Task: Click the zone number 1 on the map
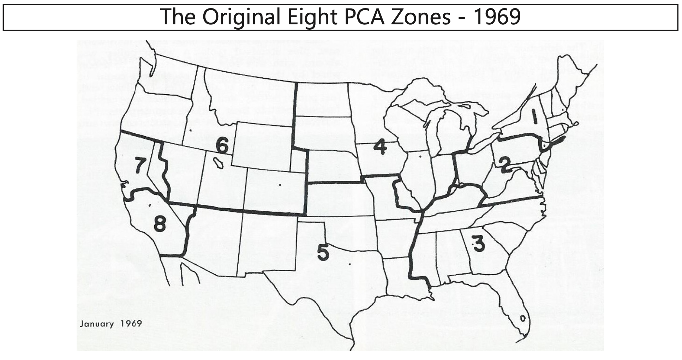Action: click(x=535, y=116)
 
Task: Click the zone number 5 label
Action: click(x=323, y=252)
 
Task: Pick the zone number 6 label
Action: click(x=222, y=145)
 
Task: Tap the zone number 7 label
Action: click(x=140, y=165)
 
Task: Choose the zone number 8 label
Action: click(x=160, y=223)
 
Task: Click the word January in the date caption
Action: click(x=97, y=324)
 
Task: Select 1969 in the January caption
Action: click(x=131, y=324)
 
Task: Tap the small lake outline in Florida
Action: click(x=523, y=318)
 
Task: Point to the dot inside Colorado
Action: click(x=280, y=185)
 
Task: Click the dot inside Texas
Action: click(x=349, y=264)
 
